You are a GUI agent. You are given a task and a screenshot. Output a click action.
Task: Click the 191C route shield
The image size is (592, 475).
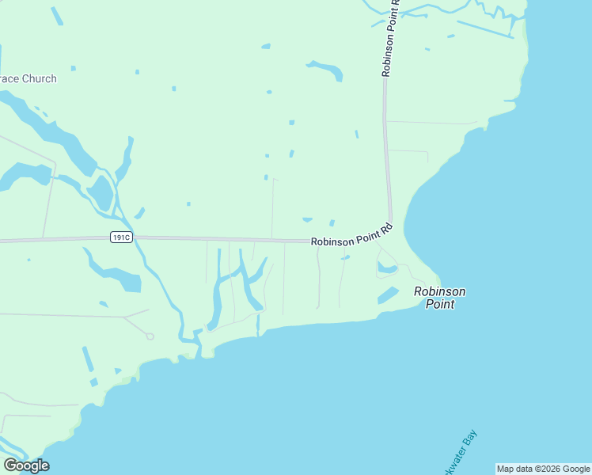pos(121,237)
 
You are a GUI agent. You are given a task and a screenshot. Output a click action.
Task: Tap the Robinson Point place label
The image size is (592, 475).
pos(440,297)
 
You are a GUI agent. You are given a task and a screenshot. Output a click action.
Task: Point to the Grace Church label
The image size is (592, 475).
pos(28,79)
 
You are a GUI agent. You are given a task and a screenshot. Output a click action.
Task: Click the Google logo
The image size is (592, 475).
pos(26,465)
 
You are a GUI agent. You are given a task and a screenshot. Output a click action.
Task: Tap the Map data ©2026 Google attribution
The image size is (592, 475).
pos(543,469)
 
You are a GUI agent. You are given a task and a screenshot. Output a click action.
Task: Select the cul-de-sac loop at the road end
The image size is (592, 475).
pos(150,336)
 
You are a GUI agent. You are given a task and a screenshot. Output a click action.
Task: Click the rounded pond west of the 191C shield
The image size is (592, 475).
pos(101,192)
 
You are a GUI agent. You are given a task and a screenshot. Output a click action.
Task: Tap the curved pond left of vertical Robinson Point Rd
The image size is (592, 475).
pos(326,69)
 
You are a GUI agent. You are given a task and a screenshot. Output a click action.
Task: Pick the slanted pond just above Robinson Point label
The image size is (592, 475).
pos(387,294)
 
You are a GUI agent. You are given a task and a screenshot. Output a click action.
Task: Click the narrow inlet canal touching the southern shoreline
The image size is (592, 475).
pos(258,325)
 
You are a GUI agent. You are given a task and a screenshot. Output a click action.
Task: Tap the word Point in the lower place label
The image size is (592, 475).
pos(440,303)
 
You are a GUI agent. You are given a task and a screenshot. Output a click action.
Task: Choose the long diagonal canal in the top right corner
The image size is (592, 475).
pos(484,29)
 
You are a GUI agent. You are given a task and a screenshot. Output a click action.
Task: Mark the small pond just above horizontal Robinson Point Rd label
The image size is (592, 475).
pos(307,219)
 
